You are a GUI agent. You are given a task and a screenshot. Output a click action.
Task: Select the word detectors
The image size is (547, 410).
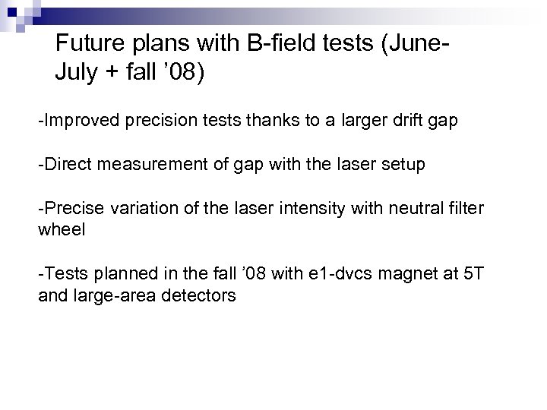198,295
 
